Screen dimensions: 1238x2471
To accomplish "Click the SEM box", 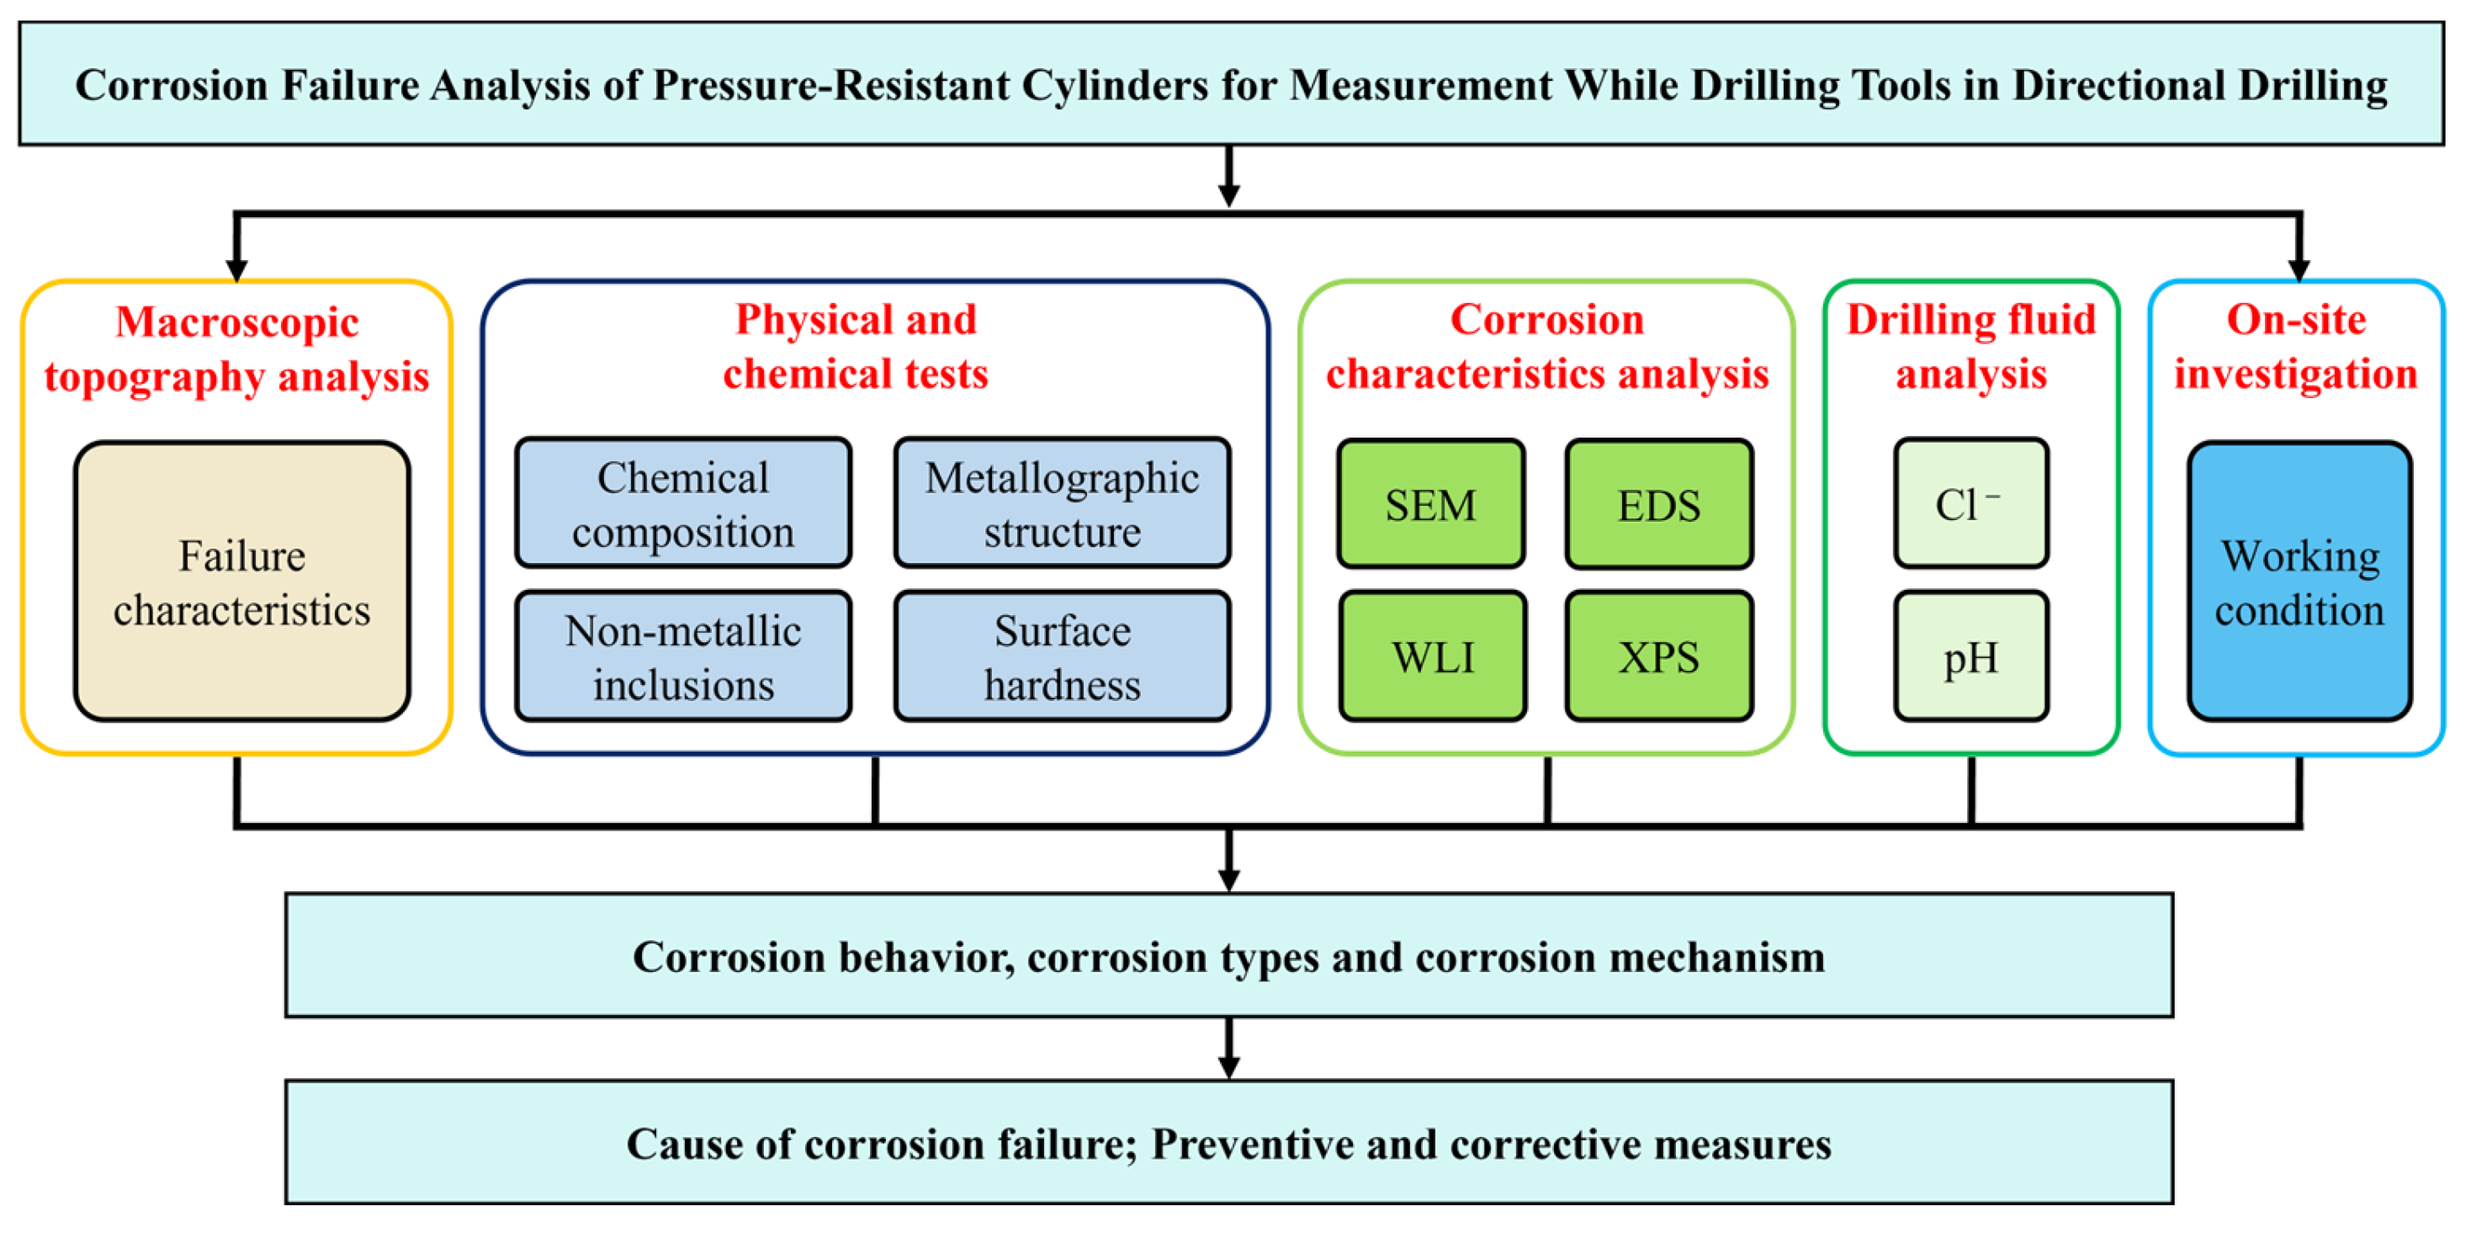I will point(1430,504).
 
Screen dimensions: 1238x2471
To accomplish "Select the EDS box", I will point(1658,504).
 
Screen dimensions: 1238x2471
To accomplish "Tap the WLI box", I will point(1432,656).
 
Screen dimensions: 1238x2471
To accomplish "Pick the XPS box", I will point(1658,656).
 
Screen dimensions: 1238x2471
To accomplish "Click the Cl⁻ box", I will point(1970,504).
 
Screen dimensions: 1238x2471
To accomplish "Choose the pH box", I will point(1970,656).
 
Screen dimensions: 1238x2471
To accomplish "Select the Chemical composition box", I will point(683,504).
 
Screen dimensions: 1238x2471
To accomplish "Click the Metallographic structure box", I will point(1062,504).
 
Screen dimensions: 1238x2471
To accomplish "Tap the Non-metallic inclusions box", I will point(683,656).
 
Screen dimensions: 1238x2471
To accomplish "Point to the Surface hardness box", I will point(1062,656).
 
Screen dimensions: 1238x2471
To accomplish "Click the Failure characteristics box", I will point(241,582).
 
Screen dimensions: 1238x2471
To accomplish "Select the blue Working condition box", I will point(2299,582).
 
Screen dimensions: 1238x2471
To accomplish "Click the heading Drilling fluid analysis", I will point(1970,347).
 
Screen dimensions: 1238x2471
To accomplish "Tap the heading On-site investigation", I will point(2295,347).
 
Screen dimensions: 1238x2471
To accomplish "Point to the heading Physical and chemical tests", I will point(855,347).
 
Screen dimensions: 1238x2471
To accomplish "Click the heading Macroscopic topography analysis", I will point(236,348).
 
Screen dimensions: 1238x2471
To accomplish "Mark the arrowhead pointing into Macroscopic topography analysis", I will point(236,268).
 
